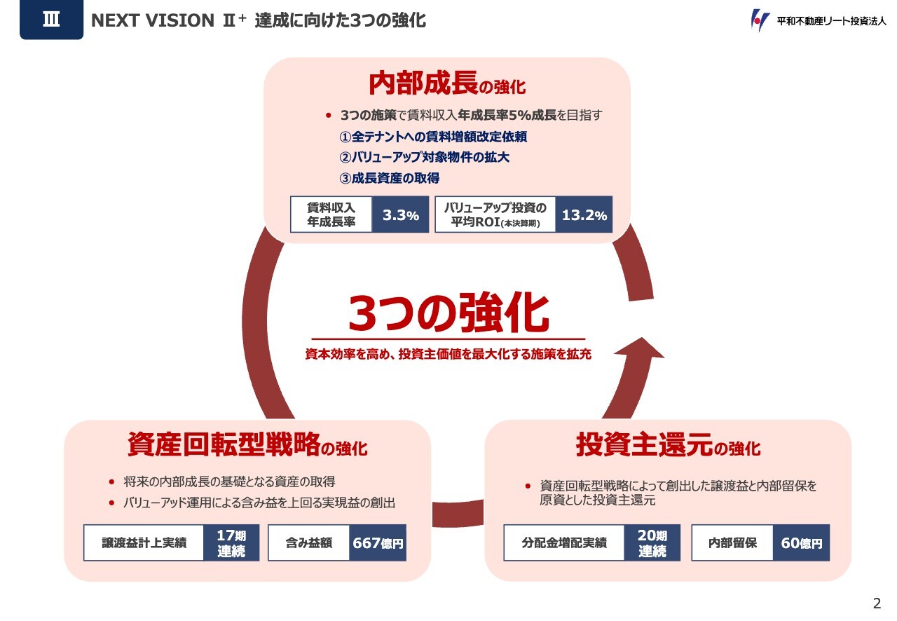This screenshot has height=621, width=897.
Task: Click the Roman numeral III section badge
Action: pos(51,20)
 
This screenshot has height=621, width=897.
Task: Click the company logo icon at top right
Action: pos(760,20)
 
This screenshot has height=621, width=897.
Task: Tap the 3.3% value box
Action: pos(400,215)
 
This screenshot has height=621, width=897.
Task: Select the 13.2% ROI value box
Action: pos(584,215)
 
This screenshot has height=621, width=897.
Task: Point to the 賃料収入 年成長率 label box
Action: pos(331,215)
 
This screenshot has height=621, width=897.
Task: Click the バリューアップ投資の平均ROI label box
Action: pos(495,215)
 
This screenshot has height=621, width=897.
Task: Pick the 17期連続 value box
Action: pos(231,543)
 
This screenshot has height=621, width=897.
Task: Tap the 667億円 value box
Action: pos(378,543)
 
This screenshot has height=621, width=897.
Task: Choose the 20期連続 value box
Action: pos(652,543)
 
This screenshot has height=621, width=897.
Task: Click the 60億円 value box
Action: pos(801,543)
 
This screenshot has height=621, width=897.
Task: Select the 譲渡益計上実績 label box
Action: pos(144,543)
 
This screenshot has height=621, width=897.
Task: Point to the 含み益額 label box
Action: pos(309,543)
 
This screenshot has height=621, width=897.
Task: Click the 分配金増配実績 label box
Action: pos(564,543)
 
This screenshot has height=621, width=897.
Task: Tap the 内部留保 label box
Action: pos(732,543)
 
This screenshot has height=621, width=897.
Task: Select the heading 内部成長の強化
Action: pos(447,85)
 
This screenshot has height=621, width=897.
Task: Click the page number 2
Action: pos(877,603)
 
